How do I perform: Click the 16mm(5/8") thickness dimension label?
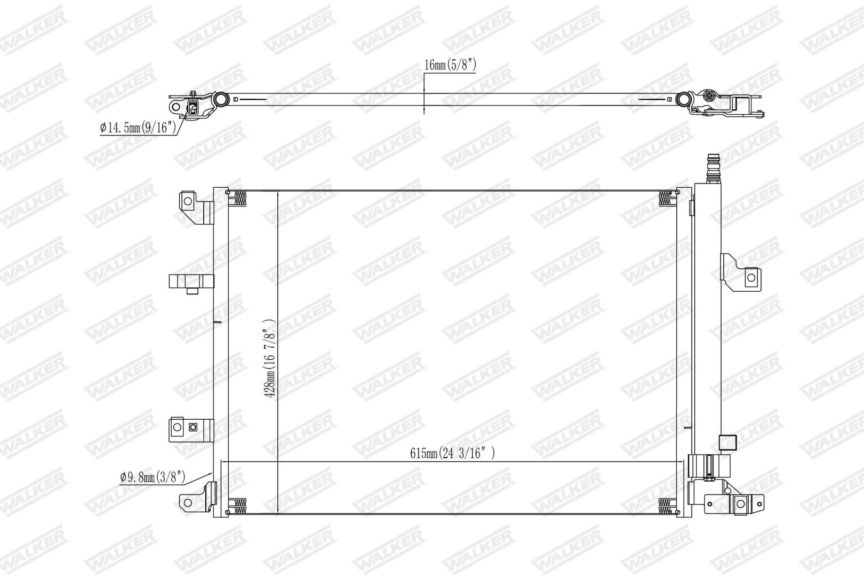pyautogui.click(x=450, y=65)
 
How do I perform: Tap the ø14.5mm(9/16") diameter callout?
pyautogui.click(x=138, y=127)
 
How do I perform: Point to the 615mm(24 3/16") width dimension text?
pyautogui.click(x=452, y=453)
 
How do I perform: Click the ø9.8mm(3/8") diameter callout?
pyautogui.click(x=153, y=477)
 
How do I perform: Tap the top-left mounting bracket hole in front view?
pyautogui.click(x=188, y=201)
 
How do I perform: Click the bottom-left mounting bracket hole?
pyautogui.click(x=187, y=502)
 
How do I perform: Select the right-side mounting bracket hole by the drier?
pyautogui.click(x=751, y=277)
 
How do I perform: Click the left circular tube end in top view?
pyautogui.click(x=221, y=99)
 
